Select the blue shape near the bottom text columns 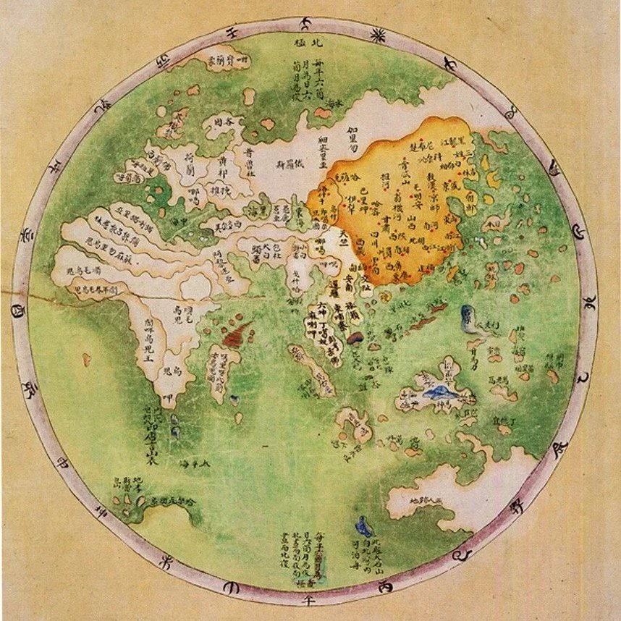click(363, 527)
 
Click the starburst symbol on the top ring click(377, 34)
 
